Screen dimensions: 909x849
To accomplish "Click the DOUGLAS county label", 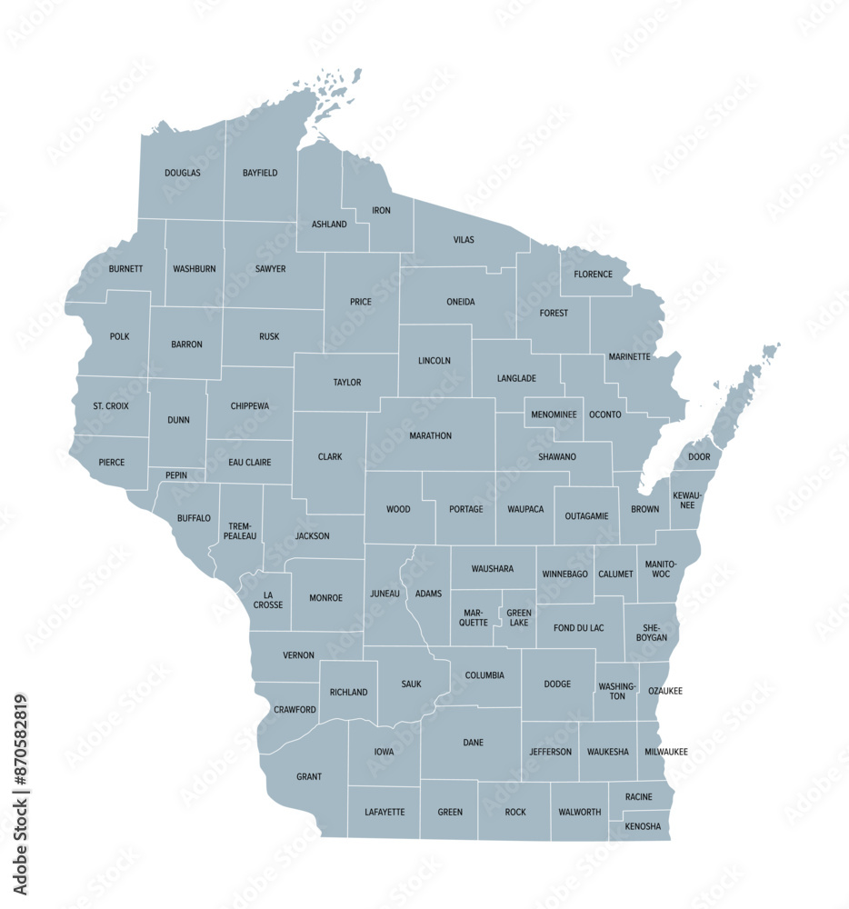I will click(183, 173).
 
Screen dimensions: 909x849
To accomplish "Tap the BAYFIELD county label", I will click(260, 173).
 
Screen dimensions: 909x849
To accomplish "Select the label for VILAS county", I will click(464, 240).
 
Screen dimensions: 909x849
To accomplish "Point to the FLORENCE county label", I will click(593, 274).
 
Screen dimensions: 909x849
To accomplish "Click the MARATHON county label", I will click(430, 435).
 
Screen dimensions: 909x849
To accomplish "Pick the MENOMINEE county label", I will click(554, 415).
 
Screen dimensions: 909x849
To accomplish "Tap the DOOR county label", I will click(699, 456).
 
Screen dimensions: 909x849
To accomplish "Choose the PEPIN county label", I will click(178, 475).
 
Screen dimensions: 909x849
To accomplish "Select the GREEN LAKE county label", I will click(519, 618).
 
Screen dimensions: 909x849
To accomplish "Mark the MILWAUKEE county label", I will click(666, 752).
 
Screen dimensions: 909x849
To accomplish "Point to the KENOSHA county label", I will click(643, 827).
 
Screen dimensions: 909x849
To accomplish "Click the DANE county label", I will click(473, 743).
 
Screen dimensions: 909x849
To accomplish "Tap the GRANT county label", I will click(309, 777).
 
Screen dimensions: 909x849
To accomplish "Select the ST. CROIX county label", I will click(111, 405).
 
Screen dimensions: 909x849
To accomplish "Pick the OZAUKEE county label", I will click(664, 691).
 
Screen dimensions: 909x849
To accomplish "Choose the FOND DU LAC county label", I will click(577, 627).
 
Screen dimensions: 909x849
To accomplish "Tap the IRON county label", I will click(381, 211).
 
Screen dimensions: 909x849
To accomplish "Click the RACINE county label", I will click(638, 797).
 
